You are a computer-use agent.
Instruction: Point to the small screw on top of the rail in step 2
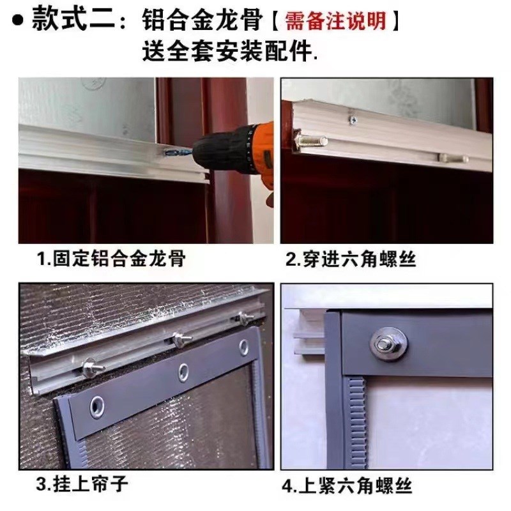(351, 118)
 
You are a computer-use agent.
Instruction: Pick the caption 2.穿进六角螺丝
(351, 259)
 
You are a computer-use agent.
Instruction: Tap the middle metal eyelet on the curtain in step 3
(183, 370)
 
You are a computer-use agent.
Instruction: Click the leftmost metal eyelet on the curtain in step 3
(97, 405)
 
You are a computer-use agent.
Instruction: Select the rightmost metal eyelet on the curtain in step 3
(243, 346)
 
